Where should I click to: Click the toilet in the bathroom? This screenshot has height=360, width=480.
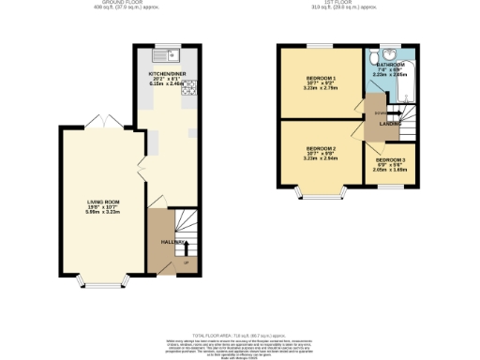(x=389, y=53)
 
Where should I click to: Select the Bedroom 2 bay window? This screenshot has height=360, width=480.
(x=322, y=194)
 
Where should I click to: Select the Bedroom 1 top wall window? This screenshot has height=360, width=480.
(x=322, y=45)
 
